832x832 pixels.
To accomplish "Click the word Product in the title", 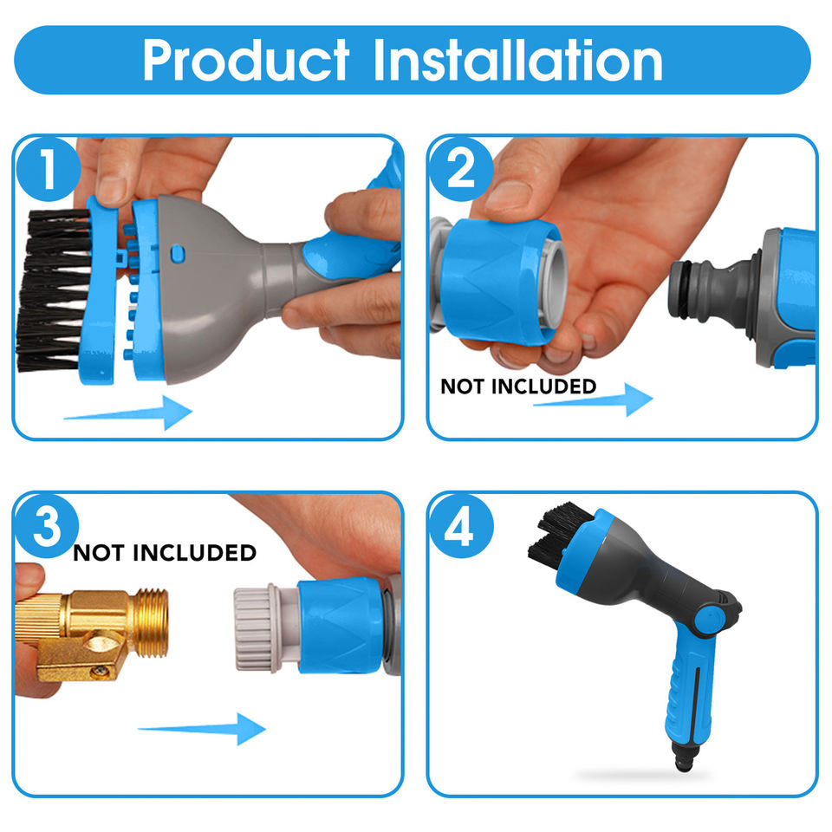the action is [245, 60].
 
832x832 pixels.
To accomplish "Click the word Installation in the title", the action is [518, 60].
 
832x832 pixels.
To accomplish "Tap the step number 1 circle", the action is [49, 169].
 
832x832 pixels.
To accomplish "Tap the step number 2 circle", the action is [461, 169].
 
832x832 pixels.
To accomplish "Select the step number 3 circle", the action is [47, 526].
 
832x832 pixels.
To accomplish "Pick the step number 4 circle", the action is [461, 526].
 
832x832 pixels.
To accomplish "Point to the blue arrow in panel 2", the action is [593, 400].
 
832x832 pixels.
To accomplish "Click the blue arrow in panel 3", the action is [202, 729].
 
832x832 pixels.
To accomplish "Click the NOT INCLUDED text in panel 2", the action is [518, 387].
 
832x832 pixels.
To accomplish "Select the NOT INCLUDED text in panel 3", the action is [165, 553].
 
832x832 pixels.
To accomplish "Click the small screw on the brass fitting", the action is [99, 671].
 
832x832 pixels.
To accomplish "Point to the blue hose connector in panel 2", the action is [497, 281].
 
